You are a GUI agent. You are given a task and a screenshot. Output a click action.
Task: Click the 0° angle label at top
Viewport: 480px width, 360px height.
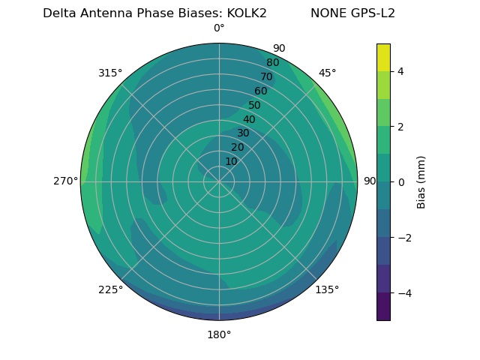tap(219, 28)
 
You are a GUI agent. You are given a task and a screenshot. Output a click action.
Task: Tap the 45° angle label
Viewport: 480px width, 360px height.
tap(327, 73)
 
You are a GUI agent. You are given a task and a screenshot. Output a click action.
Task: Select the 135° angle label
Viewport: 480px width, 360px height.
tap(327, 289)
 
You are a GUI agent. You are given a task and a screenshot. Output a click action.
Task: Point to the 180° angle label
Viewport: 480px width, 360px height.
tap(219, 334)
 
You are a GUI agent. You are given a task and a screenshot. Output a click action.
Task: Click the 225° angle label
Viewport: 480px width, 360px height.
tap(110, 289)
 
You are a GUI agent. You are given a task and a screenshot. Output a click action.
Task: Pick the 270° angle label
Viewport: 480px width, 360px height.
tap(65, 181)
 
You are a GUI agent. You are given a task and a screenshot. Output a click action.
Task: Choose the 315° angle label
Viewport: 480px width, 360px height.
tap(110, 73)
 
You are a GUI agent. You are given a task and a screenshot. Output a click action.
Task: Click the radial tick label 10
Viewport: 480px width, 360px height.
tap(231, 161)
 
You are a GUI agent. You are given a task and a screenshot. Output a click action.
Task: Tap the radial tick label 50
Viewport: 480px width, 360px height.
tap(254, 106)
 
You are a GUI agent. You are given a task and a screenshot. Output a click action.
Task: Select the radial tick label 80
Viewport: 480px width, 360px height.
tap(272, 63)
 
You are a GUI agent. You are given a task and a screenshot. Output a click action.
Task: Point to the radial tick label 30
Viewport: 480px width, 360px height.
tap(243, 133)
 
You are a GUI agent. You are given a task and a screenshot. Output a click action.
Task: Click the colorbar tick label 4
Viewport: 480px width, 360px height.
tap(400, 71)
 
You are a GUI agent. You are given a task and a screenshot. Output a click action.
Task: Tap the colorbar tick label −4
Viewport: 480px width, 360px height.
tap(403, 292)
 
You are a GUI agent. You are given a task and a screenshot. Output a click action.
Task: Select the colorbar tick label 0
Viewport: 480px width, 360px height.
tap(400, 181)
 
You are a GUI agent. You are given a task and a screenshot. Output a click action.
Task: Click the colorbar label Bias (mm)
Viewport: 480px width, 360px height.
tap(421, 181)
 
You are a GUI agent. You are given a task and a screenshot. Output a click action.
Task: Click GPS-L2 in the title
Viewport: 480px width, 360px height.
tap(368, 13)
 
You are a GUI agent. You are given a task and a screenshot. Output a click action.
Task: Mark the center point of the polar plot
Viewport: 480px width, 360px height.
tap(219, 181)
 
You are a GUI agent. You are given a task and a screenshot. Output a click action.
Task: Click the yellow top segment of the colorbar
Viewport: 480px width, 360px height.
tap(383, 57)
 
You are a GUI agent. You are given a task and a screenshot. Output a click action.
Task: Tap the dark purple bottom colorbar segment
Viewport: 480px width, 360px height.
tap(383, 306)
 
